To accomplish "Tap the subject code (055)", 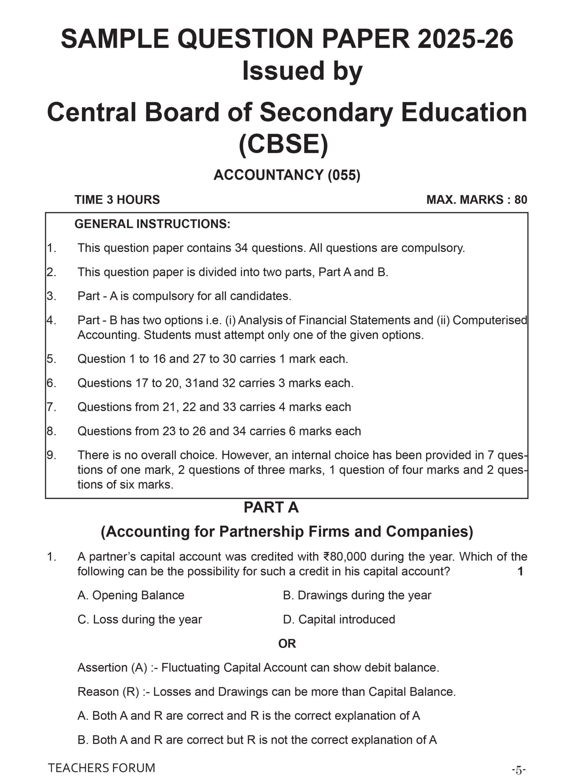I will coord(344,175).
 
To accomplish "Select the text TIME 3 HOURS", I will coord(117,200).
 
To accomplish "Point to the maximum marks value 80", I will coord(520,200).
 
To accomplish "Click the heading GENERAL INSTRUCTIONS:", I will coord(152,224).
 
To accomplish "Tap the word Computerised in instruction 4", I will coord(490,320).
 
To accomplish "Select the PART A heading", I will coord(271,507).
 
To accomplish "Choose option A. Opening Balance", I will coord(131,595).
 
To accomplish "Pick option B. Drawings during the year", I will coord(357,595).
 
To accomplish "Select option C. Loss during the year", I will coord(139,619).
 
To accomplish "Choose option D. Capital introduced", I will coord(339,619).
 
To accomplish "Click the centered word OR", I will coord(287,644).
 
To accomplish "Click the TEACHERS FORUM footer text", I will coord(102,768).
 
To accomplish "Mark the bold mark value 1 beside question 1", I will coord(520,571).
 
